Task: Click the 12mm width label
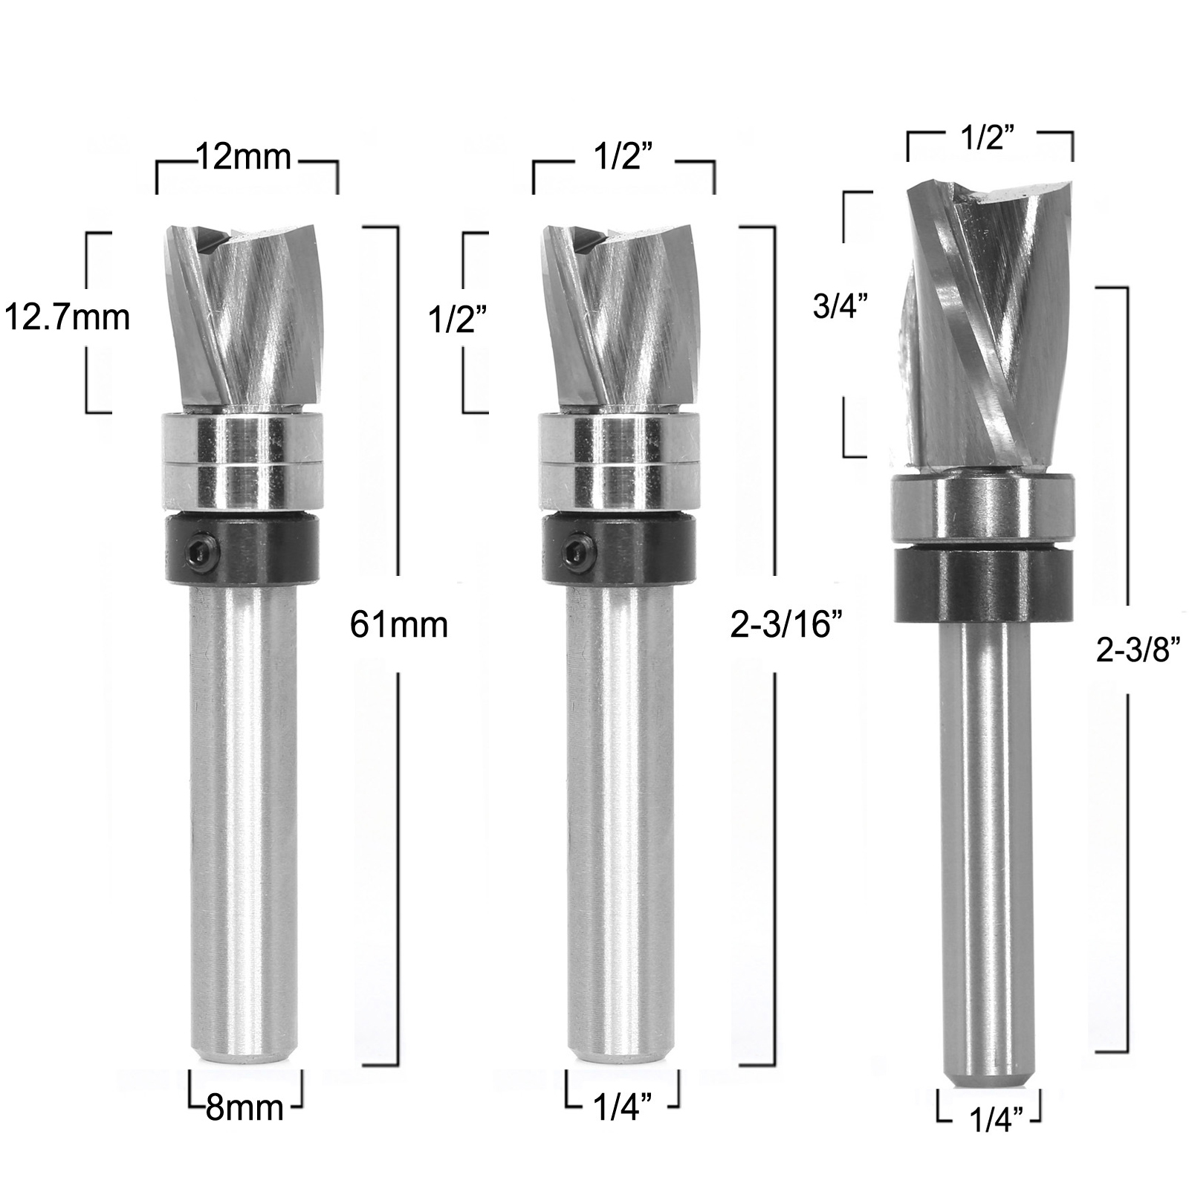(244, 158)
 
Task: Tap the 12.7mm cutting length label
(68, 318)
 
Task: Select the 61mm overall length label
(399, 625)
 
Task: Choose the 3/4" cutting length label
(841, 305)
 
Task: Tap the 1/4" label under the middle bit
(623, 1108)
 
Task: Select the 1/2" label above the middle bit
(623, 158)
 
